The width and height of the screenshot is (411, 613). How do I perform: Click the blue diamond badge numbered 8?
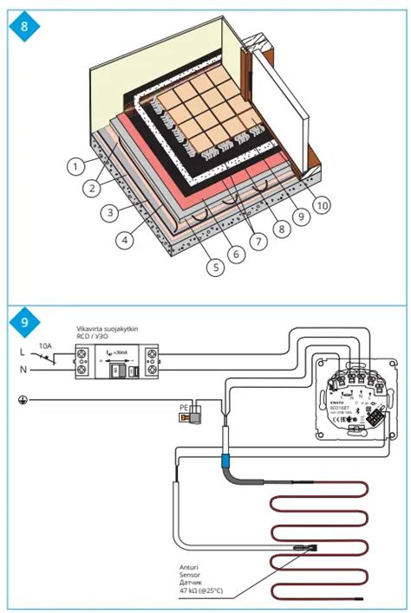pyautogui.click(x=24, y=27)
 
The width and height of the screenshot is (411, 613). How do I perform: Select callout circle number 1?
pyautogui.click(x=77, y=164)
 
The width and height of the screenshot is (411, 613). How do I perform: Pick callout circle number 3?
pyautogui.click(x=108, y=211)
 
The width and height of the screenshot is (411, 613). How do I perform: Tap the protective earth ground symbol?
pyautogui.click(x=20, y=401)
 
